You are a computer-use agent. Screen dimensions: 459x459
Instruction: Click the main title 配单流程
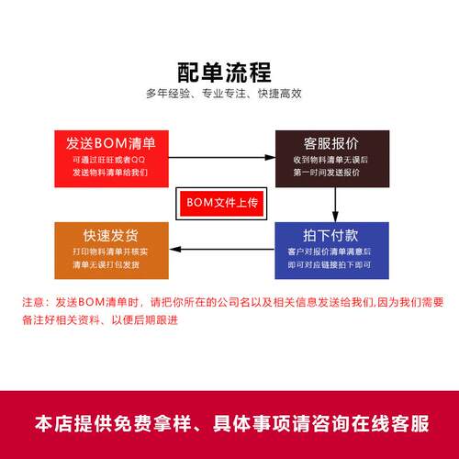(224, 73)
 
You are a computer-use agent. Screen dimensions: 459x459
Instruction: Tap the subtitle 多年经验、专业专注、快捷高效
(224, 94)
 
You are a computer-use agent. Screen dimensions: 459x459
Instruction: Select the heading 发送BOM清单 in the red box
(111, 143)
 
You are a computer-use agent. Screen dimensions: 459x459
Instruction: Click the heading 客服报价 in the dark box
(331, 143)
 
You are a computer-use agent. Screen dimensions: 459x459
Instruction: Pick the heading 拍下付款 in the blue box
(330, 235)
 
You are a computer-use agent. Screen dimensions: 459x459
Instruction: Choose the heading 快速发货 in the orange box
(111, 235)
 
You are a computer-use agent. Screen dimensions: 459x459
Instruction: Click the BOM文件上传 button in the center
(221, 203)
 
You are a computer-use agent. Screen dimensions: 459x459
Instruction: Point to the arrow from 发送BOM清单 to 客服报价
(222, 158)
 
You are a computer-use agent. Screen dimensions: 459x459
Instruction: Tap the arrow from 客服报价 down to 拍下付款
(335, 205)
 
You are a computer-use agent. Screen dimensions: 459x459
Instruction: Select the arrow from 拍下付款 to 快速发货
(222, 250)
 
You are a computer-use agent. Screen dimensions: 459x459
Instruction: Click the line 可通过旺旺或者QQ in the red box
(109, 160)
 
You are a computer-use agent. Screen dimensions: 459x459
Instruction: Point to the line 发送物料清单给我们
(110, 173)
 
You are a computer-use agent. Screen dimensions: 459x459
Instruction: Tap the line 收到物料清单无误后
(330, 160)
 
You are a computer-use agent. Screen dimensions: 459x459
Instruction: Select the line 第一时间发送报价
(327, 173)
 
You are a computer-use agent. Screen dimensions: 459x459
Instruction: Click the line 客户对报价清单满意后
(330, 252)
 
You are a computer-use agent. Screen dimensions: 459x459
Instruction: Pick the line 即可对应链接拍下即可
(330, 264)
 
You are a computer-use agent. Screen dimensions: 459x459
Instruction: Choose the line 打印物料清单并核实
(110, 252)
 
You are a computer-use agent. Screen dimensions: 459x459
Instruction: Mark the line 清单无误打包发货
(106, 264)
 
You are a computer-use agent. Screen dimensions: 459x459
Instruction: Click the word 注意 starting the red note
(33, 302)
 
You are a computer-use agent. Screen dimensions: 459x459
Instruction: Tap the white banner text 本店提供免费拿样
(113, 424)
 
